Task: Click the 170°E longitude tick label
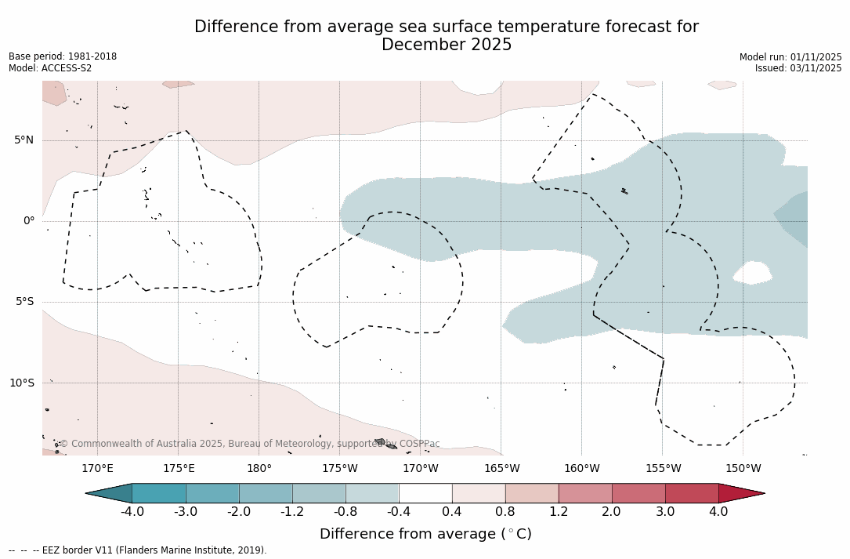pos(97,469)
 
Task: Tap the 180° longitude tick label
pos(259,469)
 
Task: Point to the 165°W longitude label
pos(501,469)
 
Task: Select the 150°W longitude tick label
pos(743,469)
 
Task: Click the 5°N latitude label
pos(24,140)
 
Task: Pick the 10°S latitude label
pos(21,383)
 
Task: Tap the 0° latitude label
pos(29,221)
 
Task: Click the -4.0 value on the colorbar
pos(132,512)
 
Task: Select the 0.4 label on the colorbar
pos(452,512)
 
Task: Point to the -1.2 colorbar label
pos(292,512)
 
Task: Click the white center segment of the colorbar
pos(425,493)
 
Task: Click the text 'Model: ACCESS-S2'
pos(50,68)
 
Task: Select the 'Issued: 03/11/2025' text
pos(798,68)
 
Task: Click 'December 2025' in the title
pos(447,45)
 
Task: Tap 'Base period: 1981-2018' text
pos(63,56)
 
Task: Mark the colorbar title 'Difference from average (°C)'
pos(425,534)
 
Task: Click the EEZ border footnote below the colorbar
pos(138,550)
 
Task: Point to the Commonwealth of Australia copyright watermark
pos(250,444)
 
